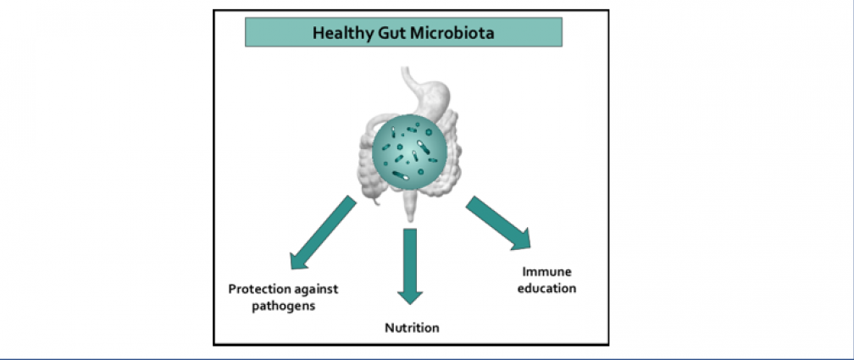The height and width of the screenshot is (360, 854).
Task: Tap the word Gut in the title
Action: pos(386,34)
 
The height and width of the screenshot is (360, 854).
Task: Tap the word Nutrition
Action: pos(412,328)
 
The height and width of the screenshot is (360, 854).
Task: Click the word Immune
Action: pos(547,272)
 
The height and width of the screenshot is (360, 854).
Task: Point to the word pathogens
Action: pos(283,305)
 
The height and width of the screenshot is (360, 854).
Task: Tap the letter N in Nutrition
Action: pos(389,328)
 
